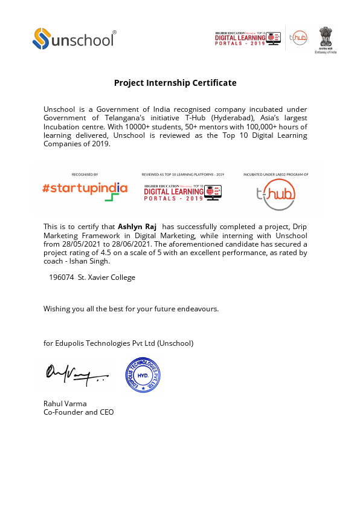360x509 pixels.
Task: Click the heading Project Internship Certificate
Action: tap(175, 83)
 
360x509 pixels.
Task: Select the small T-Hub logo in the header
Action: tap(298, 37)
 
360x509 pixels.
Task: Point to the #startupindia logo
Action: tap(85, 189)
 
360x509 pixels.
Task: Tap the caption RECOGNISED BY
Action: tap(85, 174)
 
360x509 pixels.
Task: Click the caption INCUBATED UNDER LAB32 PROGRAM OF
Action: tap(275, 174)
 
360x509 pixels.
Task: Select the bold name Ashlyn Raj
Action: tap(137, 226)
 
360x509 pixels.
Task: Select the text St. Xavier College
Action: tap(106, 277)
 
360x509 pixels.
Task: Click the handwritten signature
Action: tap(70, 377)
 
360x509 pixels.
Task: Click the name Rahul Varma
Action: tap(65, 403)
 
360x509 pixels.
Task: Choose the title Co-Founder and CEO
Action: tap(78, 412)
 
